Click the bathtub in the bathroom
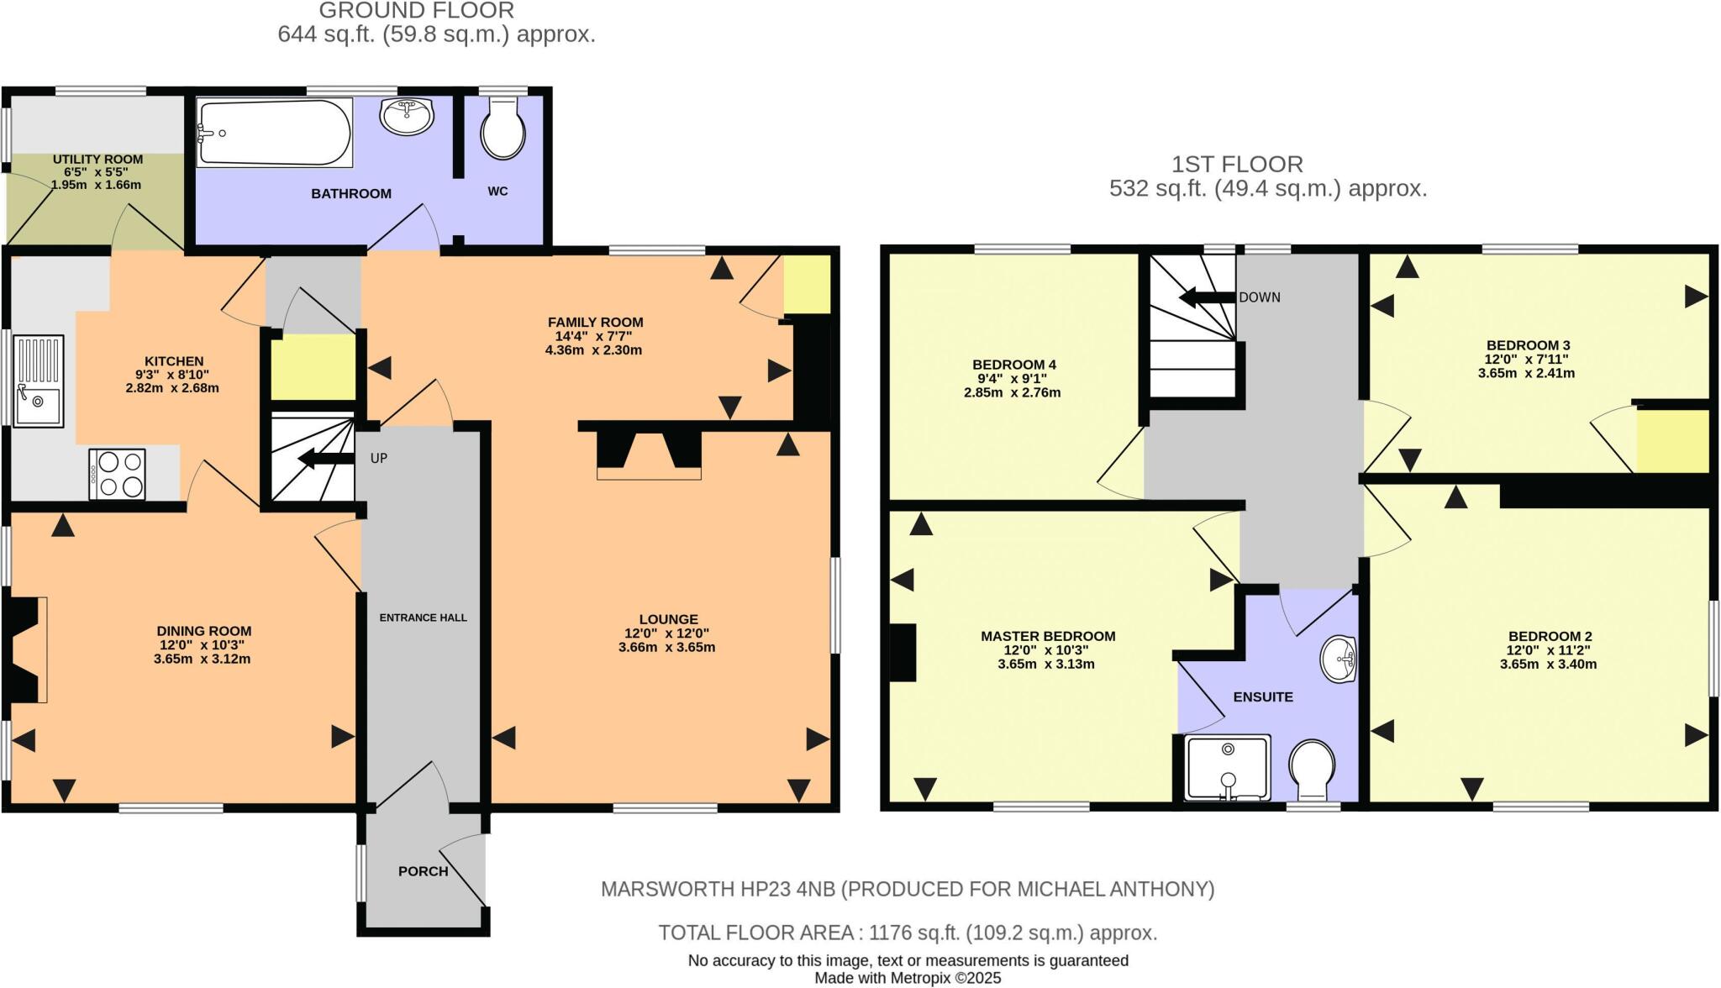click(274, 133)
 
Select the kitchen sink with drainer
click(37, 381)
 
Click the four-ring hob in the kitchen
click(117, 475)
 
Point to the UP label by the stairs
click(379, 459)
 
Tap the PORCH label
click(423, 871)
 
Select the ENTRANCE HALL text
click(423, 617)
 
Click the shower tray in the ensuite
click(1227, 768)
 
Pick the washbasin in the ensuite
click(1339, 660)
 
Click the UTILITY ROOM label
click(97, 159)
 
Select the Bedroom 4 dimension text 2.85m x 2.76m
click(1012, 392)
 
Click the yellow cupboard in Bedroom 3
click(1672, 441)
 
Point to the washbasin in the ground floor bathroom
click(407, 116)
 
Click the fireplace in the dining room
click(25, 649)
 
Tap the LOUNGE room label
click(668, 619)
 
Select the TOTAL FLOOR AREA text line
click(908, 933)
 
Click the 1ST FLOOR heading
click(1238, 164)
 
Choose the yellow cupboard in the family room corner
click(807, 285)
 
